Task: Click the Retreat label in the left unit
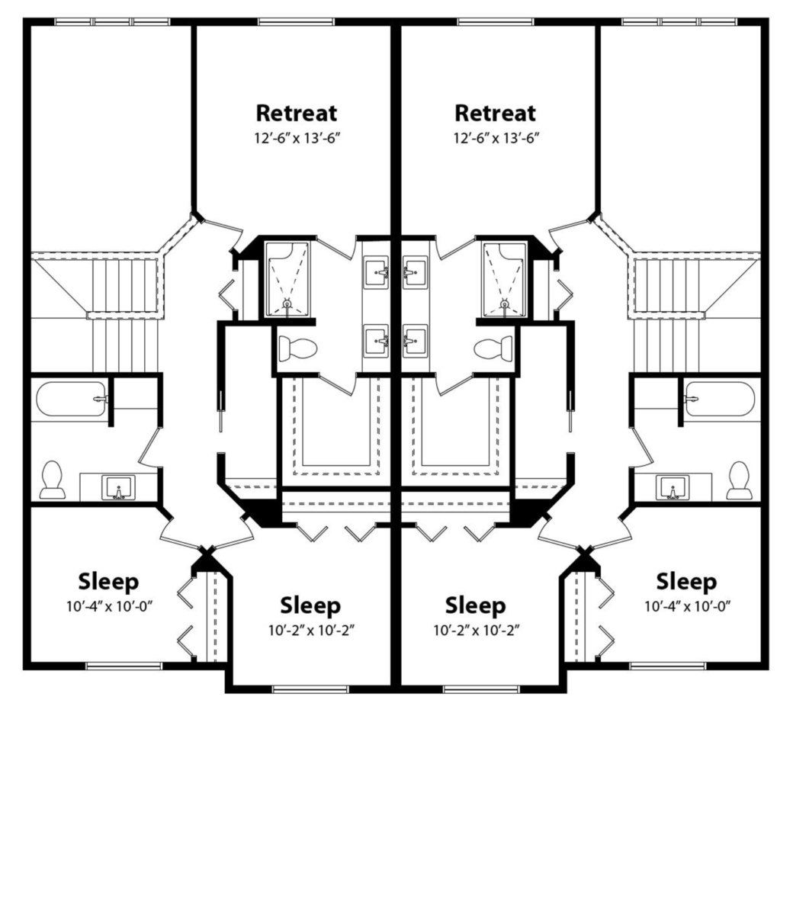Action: [296, 114]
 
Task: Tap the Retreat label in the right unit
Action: [495, 114]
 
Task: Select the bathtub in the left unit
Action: [72, 399]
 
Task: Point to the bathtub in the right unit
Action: [720, 399]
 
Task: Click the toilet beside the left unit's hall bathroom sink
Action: [52, 480]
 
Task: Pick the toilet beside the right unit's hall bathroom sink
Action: [740, 480]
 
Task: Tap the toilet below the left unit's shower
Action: [298, 348]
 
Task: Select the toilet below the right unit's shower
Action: [493, 348]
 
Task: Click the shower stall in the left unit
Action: [287, 279]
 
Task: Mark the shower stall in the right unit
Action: [504, 279]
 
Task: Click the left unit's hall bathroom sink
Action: [118, 488]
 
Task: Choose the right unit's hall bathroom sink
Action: [673, 488]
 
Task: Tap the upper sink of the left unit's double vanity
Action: [376, 272]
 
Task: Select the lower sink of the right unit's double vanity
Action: [415, 341]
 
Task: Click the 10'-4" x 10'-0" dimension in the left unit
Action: [109, 606]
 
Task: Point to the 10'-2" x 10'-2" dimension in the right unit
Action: [476, 630]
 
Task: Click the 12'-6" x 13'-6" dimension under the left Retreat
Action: [297, 139]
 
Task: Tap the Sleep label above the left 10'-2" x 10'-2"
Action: [310, 605]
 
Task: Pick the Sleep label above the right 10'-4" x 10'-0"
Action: [686, 582]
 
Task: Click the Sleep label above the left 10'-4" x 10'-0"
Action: [108, 582]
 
